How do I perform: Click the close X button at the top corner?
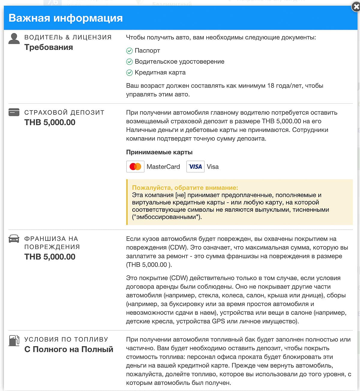click(x=356, y=7)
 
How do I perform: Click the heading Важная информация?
click(x=66, y=18)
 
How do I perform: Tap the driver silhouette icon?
click(x=14, y=39)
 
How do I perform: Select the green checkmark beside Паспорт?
click(x=129, y=51)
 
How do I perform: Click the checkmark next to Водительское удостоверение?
click(x=129, y=62)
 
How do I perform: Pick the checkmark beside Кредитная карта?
click(x=129, y=73)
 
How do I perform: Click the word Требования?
click(x=49, y=47)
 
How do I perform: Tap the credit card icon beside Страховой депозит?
click(x=14, y=112)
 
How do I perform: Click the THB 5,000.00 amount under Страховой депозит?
click(x=50, y=122)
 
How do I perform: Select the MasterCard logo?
click(x=135, y=167)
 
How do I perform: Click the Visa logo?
click(x=195, y=167)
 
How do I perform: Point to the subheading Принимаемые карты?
click(x=159, y=152)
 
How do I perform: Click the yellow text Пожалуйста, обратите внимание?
click(x=185, y=188)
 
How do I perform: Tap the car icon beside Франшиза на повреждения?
click(x=14, y=239)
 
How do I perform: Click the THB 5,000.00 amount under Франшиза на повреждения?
click(x=50, y=257)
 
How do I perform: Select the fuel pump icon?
click(x=14, y=341)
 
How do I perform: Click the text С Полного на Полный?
click(x=69, y=349)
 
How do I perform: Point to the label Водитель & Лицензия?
click(x=68, y=37)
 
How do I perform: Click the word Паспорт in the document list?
click(x=147, y=50)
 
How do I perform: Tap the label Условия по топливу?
click(x=66, y=339)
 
